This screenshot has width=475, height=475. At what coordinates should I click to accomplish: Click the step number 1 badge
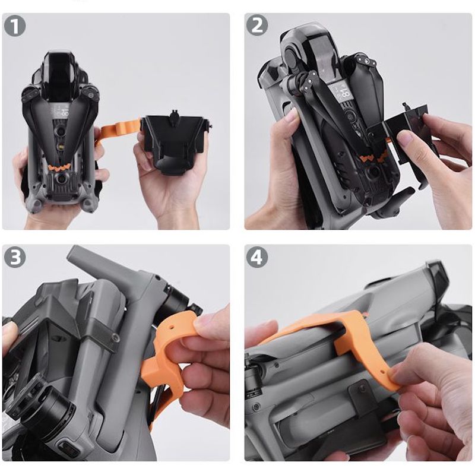[x=14, y=26]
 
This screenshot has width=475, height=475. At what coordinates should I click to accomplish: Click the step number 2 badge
[x=257, y=25]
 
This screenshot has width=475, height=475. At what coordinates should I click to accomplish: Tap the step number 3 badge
[x=14, y=257]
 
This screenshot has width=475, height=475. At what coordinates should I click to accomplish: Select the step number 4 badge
[x=257, y=257]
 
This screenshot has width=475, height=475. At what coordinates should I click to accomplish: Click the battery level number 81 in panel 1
[x=65, y=112]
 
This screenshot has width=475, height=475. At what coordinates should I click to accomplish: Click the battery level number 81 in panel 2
[x=344, y=93]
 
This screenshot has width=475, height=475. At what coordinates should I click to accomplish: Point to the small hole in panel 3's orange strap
[x=172, y=328]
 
